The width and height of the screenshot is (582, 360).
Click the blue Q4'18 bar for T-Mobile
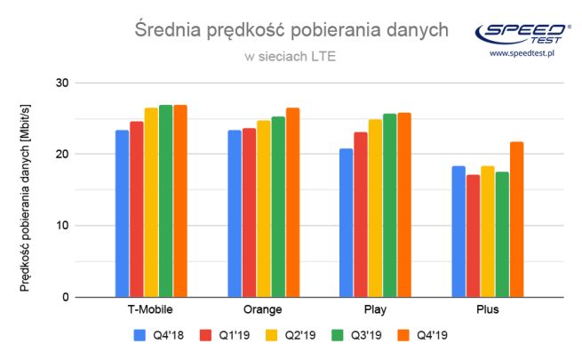pyautogui.click(x=122, y=213)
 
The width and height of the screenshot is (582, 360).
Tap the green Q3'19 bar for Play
pyautogui.click(x=389, y=205)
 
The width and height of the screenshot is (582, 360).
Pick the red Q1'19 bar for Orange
pyautogui.click(x=249, y=212)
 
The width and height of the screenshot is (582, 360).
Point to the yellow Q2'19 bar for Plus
pyautogui.click(x=487, y=231)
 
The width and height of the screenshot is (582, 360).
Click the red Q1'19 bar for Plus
pyautogui.click(x=473, y=236)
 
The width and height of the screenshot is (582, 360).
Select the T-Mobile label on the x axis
pyautogui.click(x=150, y=310)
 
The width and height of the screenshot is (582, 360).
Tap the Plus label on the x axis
pyautogui.click(x=487, y=310)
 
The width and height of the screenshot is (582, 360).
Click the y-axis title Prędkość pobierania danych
pyautogui.click(x=26, y=194)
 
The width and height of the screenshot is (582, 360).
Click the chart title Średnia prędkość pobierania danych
pyautogui.click(x=291, y=32)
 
